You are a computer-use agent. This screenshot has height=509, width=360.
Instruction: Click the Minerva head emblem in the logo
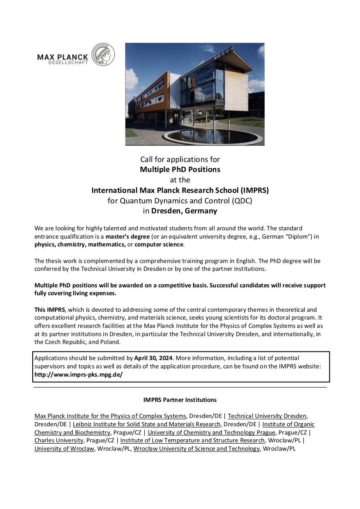pos(103,55)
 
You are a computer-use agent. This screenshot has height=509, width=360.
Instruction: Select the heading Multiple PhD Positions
pos(180,169)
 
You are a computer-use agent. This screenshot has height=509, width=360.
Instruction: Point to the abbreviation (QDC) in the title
pos(242,201)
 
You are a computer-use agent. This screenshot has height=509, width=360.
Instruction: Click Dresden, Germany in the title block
pos(184,211)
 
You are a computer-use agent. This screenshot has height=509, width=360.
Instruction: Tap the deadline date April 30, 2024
pos(154,358)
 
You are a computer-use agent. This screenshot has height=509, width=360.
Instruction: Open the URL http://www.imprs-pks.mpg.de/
pos(78,374)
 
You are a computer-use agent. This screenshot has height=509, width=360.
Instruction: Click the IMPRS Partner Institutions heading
pos(180,400)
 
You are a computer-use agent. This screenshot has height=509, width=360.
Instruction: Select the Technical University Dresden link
pos(267,416)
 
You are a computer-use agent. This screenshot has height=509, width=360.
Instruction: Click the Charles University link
pos(59,440)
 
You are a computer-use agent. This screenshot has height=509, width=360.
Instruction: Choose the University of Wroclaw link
pos(64,448)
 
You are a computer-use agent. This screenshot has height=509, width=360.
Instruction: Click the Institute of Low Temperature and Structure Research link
pos(192,440)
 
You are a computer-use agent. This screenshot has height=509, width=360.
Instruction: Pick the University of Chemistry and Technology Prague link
pos(212,432)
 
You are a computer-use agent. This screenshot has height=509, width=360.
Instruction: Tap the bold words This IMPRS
pos(50,310)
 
